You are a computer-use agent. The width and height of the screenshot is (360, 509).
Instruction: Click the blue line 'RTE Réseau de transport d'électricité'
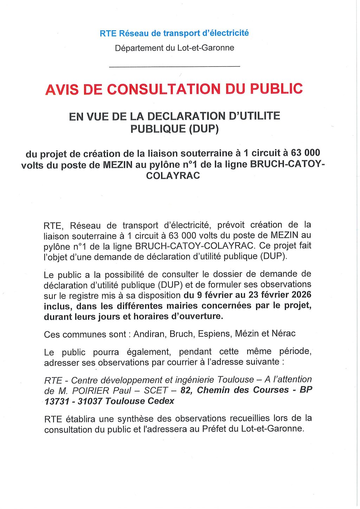click(x=174, y=33)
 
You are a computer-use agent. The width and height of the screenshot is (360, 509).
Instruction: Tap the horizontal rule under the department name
click(x=175, y=66)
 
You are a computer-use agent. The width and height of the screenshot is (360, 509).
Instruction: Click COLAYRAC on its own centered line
click(x=173, y=175)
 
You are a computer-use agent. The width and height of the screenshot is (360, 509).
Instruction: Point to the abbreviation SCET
click(x=156, y=391)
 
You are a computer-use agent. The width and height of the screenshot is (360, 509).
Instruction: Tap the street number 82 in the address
click(x=187, y=390)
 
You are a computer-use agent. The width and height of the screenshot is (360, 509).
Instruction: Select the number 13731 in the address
click(x=56, y=401)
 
